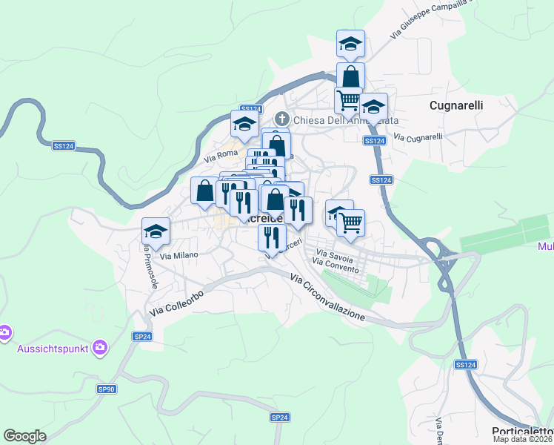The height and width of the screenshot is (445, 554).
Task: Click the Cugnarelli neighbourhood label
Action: tap(456, 105)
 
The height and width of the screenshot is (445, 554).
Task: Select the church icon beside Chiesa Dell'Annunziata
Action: tap(281, 119)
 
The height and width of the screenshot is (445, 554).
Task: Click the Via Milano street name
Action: tap(179, 255)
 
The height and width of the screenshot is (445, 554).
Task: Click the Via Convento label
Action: tap(336, 266)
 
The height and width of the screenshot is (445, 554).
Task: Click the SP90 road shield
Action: tap(107, 389)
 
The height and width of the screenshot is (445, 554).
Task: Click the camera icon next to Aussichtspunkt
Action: tap(101, 347)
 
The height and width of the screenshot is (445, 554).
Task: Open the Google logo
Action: tap(24, 436)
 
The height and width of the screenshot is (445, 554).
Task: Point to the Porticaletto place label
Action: tap(522, 432)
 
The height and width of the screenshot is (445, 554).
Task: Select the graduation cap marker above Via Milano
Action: tap(156, 231)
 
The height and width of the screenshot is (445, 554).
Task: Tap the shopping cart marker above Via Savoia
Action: tap(350, 221)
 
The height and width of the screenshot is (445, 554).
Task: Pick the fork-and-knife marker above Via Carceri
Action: tap(272, 237)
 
